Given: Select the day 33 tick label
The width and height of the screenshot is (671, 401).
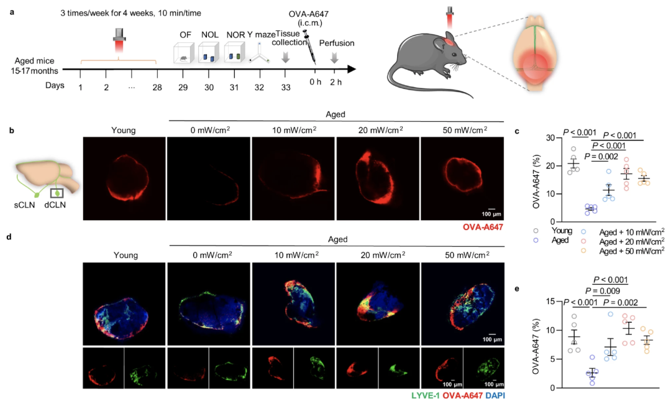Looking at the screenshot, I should coord(285,88).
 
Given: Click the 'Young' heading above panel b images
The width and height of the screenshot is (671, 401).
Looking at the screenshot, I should coord(124,131).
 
